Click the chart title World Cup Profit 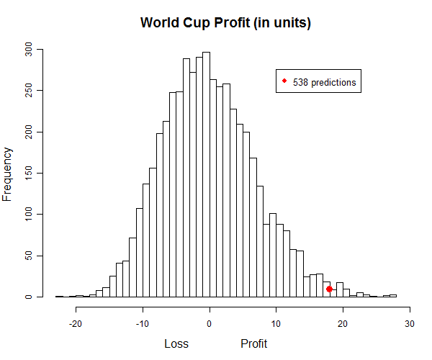pos(225,22)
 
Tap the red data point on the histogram pos(329,289)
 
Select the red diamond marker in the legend pos(285,81)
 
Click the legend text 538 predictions pos(324,82)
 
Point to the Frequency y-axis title pos(8,174)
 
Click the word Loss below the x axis pos(176,343)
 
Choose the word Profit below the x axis pos(253,343)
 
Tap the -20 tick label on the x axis pos(76,323)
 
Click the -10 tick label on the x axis pos(142,323)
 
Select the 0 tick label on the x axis pos(210,323)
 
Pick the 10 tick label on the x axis pos(276,323)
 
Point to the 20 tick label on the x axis pos(343,323)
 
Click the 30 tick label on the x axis pos(410,323)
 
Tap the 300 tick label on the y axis pos(30,50)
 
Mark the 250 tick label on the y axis pos(30,91)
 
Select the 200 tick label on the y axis pos(30,132)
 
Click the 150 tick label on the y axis pos(30,173)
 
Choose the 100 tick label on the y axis pos(30,215)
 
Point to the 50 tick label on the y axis pos(30,256)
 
